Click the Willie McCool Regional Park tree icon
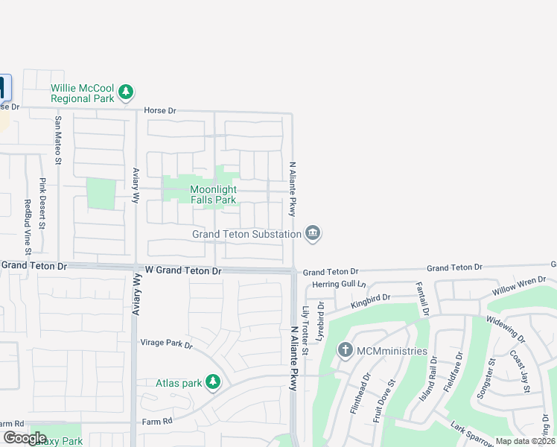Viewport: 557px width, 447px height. point(127,92)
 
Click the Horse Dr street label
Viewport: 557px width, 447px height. point(159,111)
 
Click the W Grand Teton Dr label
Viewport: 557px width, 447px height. point(183,270)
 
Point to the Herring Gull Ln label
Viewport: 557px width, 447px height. point(340,285)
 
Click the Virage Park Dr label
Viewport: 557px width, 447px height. point(167,345)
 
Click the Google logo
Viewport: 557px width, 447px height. point(25,438)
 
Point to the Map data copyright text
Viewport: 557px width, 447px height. point(526,441)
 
